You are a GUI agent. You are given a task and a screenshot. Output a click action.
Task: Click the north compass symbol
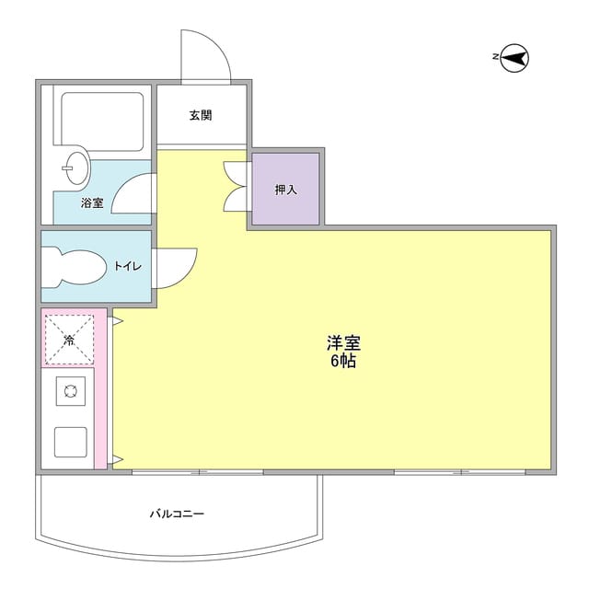click(x=514, y=58)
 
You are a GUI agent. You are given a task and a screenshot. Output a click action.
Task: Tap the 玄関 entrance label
click(x=201, y=115)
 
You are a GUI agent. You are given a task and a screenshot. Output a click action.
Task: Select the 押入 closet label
click(x=286, y=190)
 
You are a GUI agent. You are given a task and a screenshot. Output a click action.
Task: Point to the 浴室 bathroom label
click(x=92, y=202)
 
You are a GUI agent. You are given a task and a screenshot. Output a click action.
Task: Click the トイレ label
click(x=128, y=266)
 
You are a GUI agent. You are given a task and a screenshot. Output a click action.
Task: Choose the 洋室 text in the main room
click(x=343, y=342)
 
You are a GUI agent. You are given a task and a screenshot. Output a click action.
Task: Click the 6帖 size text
click(x=343, y=361)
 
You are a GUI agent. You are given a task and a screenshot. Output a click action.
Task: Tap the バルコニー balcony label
click(x=178, y=514)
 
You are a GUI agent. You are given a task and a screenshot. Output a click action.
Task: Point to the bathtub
click(x=102, y=121)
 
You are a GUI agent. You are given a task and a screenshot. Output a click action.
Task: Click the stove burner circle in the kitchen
click(x=71, y=391)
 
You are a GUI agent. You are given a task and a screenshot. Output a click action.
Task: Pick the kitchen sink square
click(x=71, y=442)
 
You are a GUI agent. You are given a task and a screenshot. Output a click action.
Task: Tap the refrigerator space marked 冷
click(x=70, y=340)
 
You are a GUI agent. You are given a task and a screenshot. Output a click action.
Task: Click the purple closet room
click(x=285, y=189)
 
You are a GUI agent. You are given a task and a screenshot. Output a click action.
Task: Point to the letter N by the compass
click(x=496, y=57)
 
